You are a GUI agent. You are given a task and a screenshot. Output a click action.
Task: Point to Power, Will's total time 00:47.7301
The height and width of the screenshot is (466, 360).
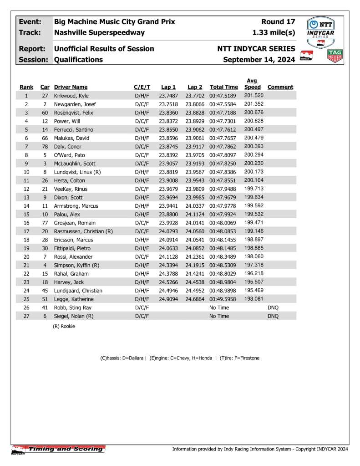coord(224,121)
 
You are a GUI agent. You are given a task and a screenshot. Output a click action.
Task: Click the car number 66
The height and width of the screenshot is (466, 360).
coord(45,138)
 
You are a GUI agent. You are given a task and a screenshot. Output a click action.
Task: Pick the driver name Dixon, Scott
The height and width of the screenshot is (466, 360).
coord(69,197)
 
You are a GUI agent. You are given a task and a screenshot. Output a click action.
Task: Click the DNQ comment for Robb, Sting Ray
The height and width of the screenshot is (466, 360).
coord(273,307)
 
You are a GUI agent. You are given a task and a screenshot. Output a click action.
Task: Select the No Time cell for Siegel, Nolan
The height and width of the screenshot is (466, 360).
coord(219,316)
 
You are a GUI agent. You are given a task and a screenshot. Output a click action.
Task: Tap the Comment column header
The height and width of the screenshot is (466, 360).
coord(280,87)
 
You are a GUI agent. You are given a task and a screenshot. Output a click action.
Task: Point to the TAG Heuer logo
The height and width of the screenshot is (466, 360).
coord(335,56)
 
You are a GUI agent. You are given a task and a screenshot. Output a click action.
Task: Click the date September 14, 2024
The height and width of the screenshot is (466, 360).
coord(259,60)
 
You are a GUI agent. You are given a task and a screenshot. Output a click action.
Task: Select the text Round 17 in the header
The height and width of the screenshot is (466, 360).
coord(278,22)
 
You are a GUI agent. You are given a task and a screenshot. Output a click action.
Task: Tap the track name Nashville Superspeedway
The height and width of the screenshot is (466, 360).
coord(99,32)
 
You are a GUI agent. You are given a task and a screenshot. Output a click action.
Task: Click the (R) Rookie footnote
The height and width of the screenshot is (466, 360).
coord(64,326)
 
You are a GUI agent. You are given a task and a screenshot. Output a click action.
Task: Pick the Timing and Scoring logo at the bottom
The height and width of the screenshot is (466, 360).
coord(58,449)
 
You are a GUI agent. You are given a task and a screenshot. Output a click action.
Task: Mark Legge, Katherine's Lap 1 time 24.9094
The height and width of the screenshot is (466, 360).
coord(168,299)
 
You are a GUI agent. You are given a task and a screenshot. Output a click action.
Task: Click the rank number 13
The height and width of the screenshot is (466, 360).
coord(26,197)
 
